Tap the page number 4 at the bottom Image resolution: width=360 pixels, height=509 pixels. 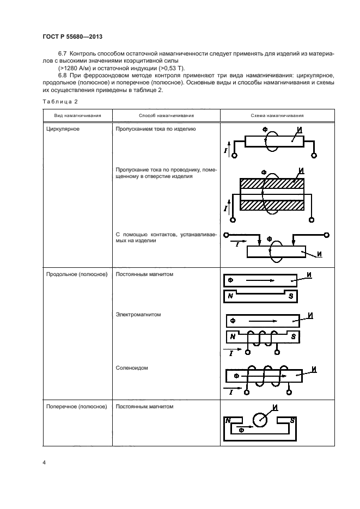pyautogui.click(x=44, y=463)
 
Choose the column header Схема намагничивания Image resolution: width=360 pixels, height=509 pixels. pyautogui.click(x=277, y=116)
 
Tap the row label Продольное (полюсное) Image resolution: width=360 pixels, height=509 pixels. pyautogui.click(x=76, y=274)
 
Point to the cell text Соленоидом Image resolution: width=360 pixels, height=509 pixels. pyautogui.click(x=132, y=367)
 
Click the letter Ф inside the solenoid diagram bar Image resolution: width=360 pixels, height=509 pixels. pyautogui.click(x=236, y=376)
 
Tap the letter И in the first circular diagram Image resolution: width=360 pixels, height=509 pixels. pyautogui.click(x=299, y=130)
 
